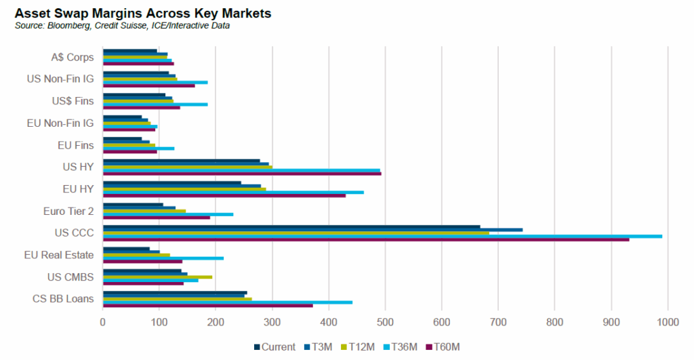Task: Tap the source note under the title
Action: point(121,26)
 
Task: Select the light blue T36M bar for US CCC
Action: point(382,236)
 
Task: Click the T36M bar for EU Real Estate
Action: point(163,258)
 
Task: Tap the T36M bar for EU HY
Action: point(233,192)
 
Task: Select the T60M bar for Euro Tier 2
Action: point(157,218)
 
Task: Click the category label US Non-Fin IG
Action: point(60,79)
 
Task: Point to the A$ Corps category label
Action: point(72,57)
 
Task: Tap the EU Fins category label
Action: point(76,144)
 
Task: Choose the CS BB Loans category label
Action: point(63,298)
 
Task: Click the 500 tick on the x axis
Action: point(385,323)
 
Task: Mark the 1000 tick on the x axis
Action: point(668,323)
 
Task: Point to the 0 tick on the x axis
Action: point(103,323)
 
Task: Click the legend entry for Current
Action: point(275,347)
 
